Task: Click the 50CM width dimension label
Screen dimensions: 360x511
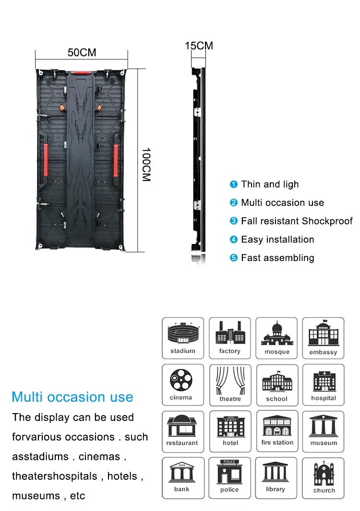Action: (82, 52)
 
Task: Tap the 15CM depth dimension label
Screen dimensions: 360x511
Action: (199, 46)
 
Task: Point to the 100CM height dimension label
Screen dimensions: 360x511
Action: (146, 164)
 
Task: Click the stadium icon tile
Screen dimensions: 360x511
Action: (183, 338)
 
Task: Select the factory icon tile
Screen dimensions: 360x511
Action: (229, 338)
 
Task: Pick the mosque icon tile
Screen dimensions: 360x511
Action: (276, 338)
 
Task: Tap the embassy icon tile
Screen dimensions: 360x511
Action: (323, 338)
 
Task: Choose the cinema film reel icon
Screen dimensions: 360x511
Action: (181, 380)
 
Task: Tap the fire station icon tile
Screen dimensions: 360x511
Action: (277, 431)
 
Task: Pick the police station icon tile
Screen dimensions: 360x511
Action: (229, 478)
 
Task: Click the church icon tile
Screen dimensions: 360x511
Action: (324, 478)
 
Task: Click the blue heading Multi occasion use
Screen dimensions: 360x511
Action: (72, 397)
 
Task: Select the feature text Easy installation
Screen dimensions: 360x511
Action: (277, 239)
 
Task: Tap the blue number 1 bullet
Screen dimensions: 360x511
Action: (234, 184)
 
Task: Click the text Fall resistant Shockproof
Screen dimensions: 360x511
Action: (297, 221)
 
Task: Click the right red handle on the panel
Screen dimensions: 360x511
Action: (116, 160)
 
